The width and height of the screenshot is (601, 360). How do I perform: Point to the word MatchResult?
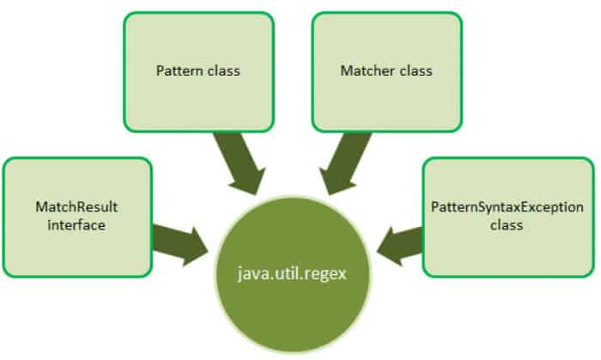click(77, 207)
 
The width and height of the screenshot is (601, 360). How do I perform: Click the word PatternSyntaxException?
click(508, 207)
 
